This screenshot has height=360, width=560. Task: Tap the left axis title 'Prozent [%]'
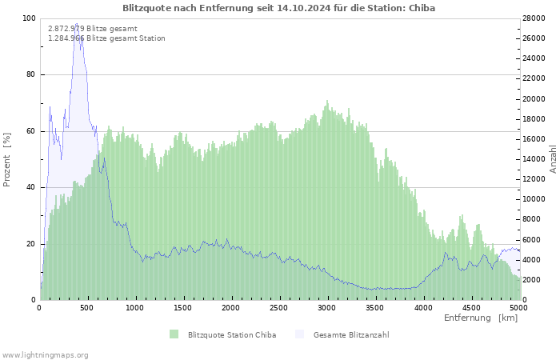[x=7, y=160]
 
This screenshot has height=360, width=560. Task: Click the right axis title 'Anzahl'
[x=553, y=159]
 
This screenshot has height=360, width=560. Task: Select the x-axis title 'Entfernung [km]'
[x=481, y=318]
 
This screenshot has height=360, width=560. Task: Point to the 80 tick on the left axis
[x=30, y=75]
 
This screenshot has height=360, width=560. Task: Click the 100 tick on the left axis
[x=28, y=18]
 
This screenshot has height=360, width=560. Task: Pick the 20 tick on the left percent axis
[x=30, y=244]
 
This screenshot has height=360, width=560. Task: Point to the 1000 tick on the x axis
[x=135, y=307]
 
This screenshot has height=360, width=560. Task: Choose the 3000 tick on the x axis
[x=326, y=307]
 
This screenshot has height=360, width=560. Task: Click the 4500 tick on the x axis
[x=470, y=307]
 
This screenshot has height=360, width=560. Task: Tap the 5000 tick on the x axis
[x=518, y=307]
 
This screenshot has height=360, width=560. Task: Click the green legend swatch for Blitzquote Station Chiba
[x=174, y=334]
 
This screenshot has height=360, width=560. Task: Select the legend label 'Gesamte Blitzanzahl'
[x=351, y=334]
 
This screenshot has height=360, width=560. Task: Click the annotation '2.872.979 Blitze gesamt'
[x=93, y=29]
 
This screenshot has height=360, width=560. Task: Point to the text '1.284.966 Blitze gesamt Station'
[x=106, y=38]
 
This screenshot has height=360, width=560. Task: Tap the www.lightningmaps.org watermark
[x=46, y=354]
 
